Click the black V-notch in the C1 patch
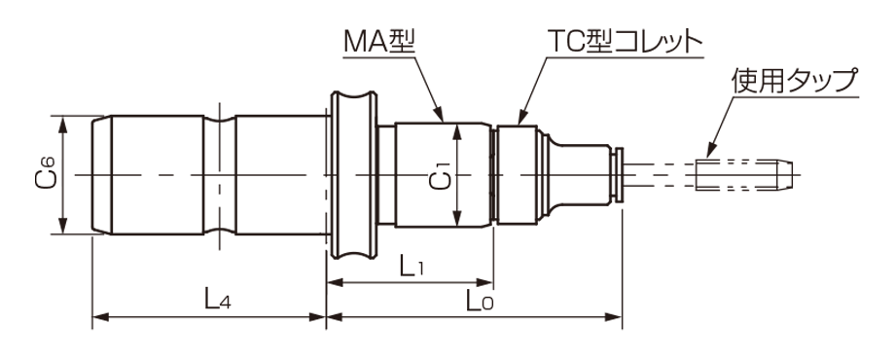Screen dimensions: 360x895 pos(420,176)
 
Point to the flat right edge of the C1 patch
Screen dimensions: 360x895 pos(461,176)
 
